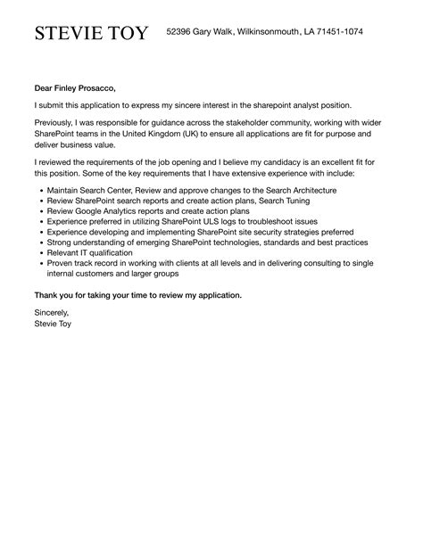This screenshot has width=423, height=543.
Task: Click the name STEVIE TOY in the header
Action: (93, 34)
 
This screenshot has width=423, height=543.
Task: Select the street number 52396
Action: (182, 32)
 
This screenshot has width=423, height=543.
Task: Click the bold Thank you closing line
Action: (137, 294)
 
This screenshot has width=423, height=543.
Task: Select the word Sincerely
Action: (52, 313)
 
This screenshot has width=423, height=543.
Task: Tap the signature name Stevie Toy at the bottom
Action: (54, 324)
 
